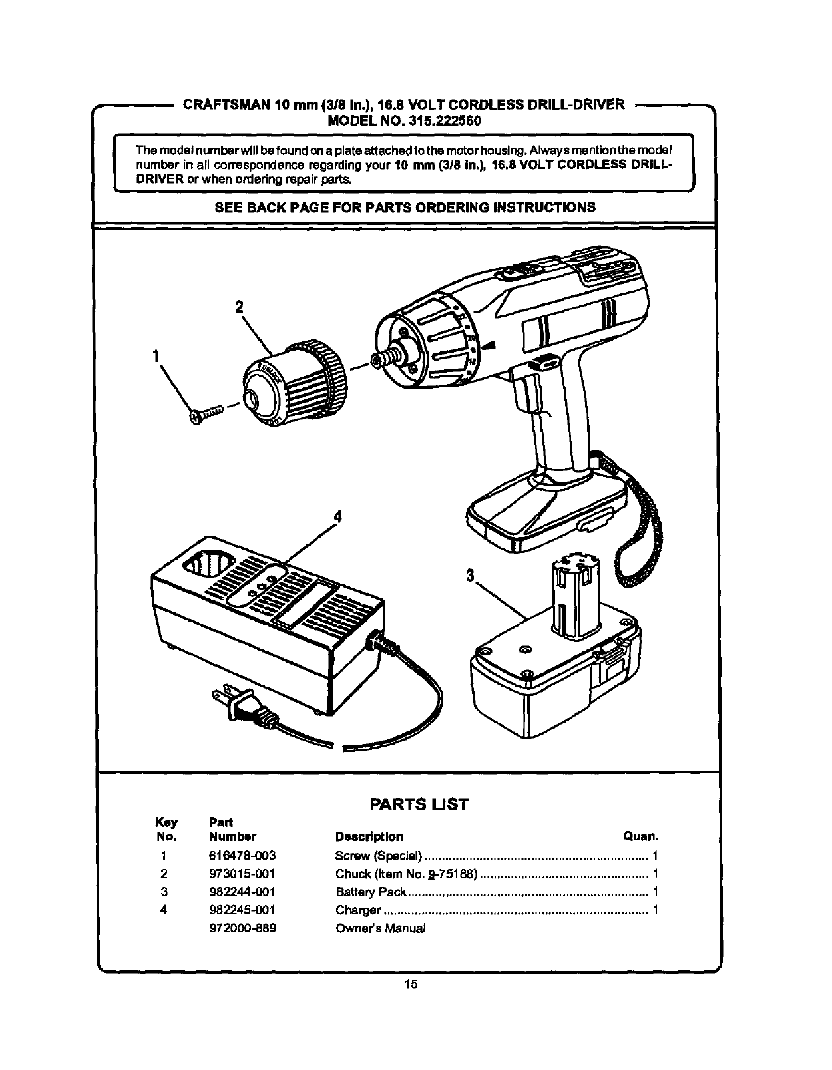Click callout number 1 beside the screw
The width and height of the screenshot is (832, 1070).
156,356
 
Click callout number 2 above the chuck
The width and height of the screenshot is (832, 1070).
239,307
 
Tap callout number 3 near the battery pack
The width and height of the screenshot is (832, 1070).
470,576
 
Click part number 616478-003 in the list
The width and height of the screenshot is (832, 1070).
242,856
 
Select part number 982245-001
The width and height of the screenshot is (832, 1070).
242,910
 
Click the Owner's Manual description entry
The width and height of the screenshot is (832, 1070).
380,928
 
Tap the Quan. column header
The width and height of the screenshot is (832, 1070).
640,836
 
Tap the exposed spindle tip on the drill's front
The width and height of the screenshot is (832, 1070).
380,360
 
